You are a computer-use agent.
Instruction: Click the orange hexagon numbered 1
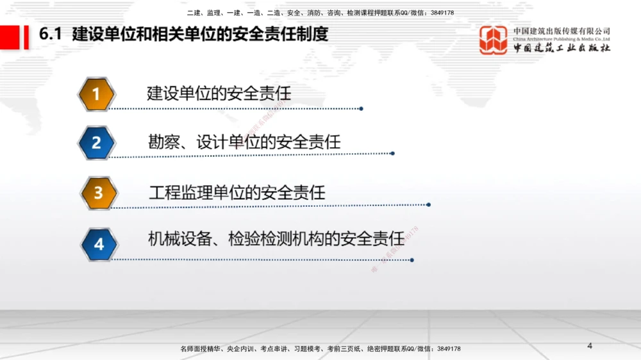coord(96,95)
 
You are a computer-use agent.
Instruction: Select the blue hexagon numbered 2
coord(96,142)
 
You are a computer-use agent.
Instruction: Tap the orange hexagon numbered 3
coord(98,193)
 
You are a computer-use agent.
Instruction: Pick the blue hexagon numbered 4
coord(98,244)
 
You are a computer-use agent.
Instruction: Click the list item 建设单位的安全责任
coord(219,94)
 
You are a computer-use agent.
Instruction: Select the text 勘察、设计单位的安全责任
coord(244,142)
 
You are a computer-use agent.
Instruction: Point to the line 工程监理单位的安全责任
coord(237,192)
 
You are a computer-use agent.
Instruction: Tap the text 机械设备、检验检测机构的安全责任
coord(276,239)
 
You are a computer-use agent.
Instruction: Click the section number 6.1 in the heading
coord(50,35)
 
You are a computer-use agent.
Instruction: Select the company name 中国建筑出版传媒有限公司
coord(562,31)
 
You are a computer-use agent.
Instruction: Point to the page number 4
coord(590,347)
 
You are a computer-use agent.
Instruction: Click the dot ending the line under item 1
coord(362,109)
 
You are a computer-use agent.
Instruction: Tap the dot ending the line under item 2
coord(392,154)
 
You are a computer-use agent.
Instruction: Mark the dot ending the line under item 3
coord(428,205)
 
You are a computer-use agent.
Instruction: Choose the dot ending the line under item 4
coord(412,260)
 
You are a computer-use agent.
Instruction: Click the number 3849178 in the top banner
coord(442,13)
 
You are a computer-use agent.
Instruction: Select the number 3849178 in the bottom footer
coord(449,349)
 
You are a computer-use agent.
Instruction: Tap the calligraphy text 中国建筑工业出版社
coord(562,48)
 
